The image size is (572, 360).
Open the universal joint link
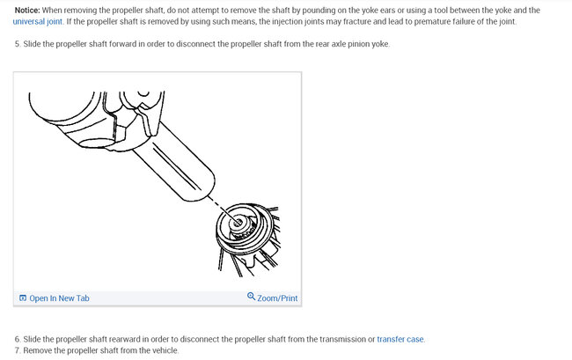37,21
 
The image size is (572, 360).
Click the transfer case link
400,339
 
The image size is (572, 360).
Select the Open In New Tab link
59,298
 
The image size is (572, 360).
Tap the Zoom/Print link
277,298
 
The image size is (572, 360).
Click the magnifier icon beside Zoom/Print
252,298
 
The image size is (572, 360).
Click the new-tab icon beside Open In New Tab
23,298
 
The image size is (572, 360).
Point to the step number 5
18,44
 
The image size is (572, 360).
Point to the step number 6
18,339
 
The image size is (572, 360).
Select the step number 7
18,350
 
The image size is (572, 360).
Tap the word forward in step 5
112,44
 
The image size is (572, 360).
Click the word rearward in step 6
114,339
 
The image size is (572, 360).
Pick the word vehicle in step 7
163,350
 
